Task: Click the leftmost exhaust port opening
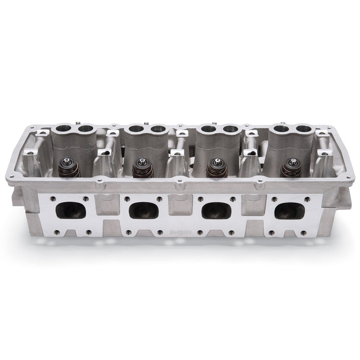click(x=71, y=210)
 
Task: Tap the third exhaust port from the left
click(x=215, y=210)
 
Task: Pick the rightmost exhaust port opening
click(x=287, y=210)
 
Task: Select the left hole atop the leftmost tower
click(x=62, y=130)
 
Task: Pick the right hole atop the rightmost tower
click(x=305, y=129)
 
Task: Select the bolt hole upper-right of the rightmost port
click(x=306, y=199)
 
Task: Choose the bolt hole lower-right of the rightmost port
click(x=302, y=233)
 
